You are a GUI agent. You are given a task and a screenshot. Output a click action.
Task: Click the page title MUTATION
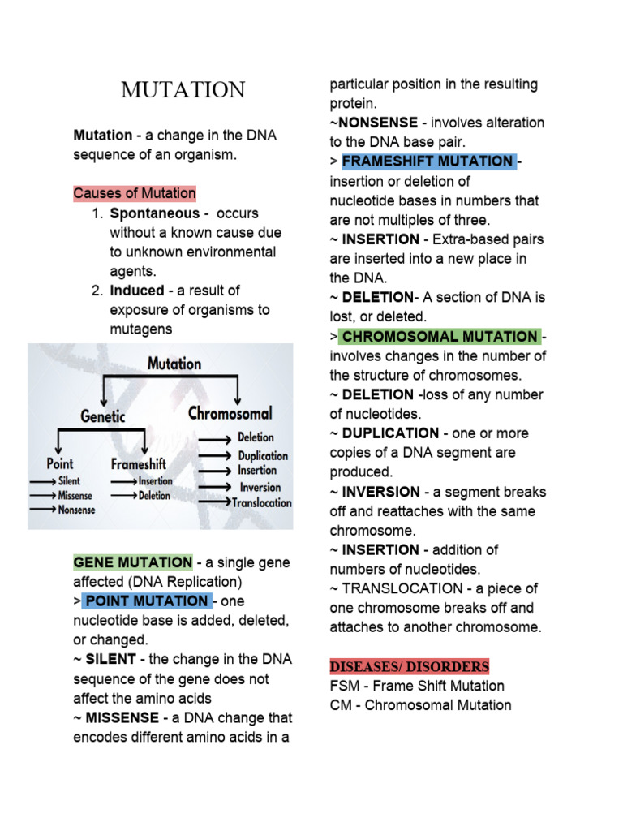coord(183,90)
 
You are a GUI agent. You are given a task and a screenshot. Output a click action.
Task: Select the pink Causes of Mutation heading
coord(135,193)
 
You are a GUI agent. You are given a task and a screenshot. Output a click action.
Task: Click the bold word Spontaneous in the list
coord(154,213)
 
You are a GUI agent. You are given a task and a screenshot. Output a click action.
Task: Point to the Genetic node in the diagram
coord(102,415)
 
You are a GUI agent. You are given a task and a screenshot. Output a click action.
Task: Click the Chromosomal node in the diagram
coord(230,413)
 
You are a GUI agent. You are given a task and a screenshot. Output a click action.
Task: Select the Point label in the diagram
coord(59,463)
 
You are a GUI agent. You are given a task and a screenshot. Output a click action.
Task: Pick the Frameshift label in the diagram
coord(138,464)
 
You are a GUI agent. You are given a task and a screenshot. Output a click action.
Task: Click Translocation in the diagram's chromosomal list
coord(262,503)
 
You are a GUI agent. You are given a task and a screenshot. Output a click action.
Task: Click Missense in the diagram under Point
coord(75,495)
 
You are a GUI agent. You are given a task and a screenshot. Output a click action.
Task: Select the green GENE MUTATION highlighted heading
coord(133,562)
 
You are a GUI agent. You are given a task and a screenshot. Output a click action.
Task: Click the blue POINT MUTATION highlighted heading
coord(147,601)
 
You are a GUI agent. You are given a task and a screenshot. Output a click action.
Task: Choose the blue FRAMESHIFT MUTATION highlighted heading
coord(428,161)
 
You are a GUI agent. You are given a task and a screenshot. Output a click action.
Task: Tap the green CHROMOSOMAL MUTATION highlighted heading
coord(438,337)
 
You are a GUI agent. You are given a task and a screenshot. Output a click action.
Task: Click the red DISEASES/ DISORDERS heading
coord(410,667)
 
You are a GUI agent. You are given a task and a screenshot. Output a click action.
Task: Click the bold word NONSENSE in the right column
coord(377,123)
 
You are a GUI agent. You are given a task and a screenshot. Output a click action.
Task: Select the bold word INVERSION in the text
coord(381,492)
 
